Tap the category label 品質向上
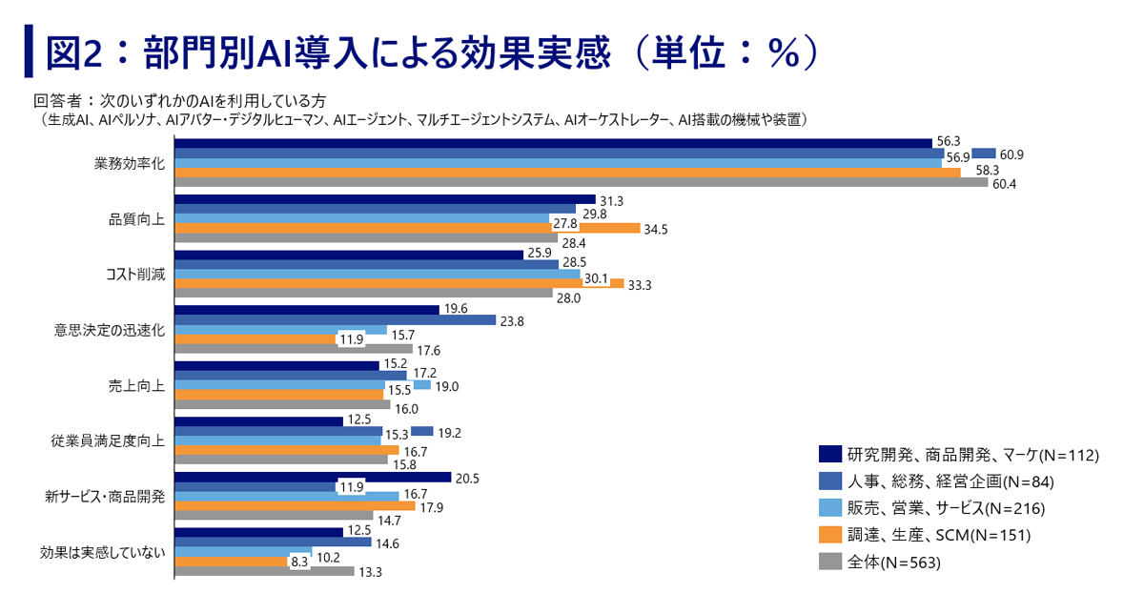coord(137,218)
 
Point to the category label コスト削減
coord(134,275)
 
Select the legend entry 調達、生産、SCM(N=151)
coord(939,536)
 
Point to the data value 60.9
coord(1011,153)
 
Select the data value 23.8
coord(511,320)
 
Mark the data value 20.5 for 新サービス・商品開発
coord(466,477)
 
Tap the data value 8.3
coord(299,563)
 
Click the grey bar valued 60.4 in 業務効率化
coord(581,182)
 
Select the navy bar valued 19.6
coord(306,309)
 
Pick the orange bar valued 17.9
coord(295,505)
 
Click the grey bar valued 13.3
coord(263,571)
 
